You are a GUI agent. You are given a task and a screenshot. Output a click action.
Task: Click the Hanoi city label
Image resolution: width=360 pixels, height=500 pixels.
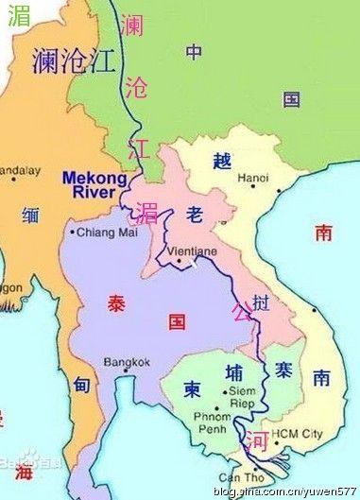[253, 178]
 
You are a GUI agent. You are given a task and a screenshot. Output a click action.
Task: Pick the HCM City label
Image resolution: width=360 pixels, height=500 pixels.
[298, 434]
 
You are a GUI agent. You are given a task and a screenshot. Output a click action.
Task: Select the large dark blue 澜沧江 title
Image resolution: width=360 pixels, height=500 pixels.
[73, 62]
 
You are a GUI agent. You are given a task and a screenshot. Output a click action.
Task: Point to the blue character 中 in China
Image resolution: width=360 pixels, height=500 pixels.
[194, 52]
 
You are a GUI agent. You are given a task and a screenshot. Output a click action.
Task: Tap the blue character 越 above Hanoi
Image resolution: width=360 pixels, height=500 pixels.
[222, 161]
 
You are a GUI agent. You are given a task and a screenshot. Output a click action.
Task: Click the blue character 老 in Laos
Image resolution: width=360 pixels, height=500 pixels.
[195, 216]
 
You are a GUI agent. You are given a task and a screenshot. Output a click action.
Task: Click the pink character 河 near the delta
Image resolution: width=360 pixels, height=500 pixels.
[256, 441]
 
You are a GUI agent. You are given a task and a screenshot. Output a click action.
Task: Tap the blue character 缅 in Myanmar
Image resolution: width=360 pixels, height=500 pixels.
[31, 214]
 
